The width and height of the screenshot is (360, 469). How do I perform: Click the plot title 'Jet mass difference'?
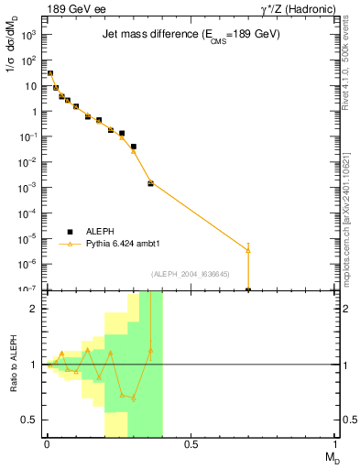point(191,34)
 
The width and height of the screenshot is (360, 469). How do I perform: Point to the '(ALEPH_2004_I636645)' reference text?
point(190,274)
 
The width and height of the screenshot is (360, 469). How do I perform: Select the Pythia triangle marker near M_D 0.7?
point(248,250)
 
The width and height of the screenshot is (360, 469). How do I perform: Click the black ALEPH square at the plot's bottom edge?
point(248,289)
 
